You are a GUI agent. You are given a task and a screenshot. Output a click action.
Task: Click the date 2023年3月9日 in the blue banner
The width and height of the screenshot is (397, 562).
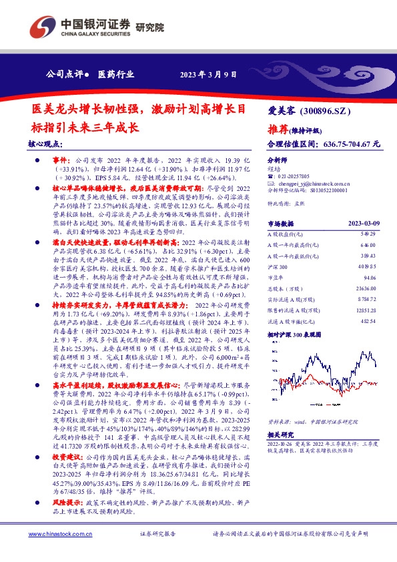coord(206,73)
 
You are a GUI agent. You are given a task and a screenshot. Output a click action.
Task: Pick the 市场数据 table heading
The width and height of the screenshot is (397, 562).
coord(280,224)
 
